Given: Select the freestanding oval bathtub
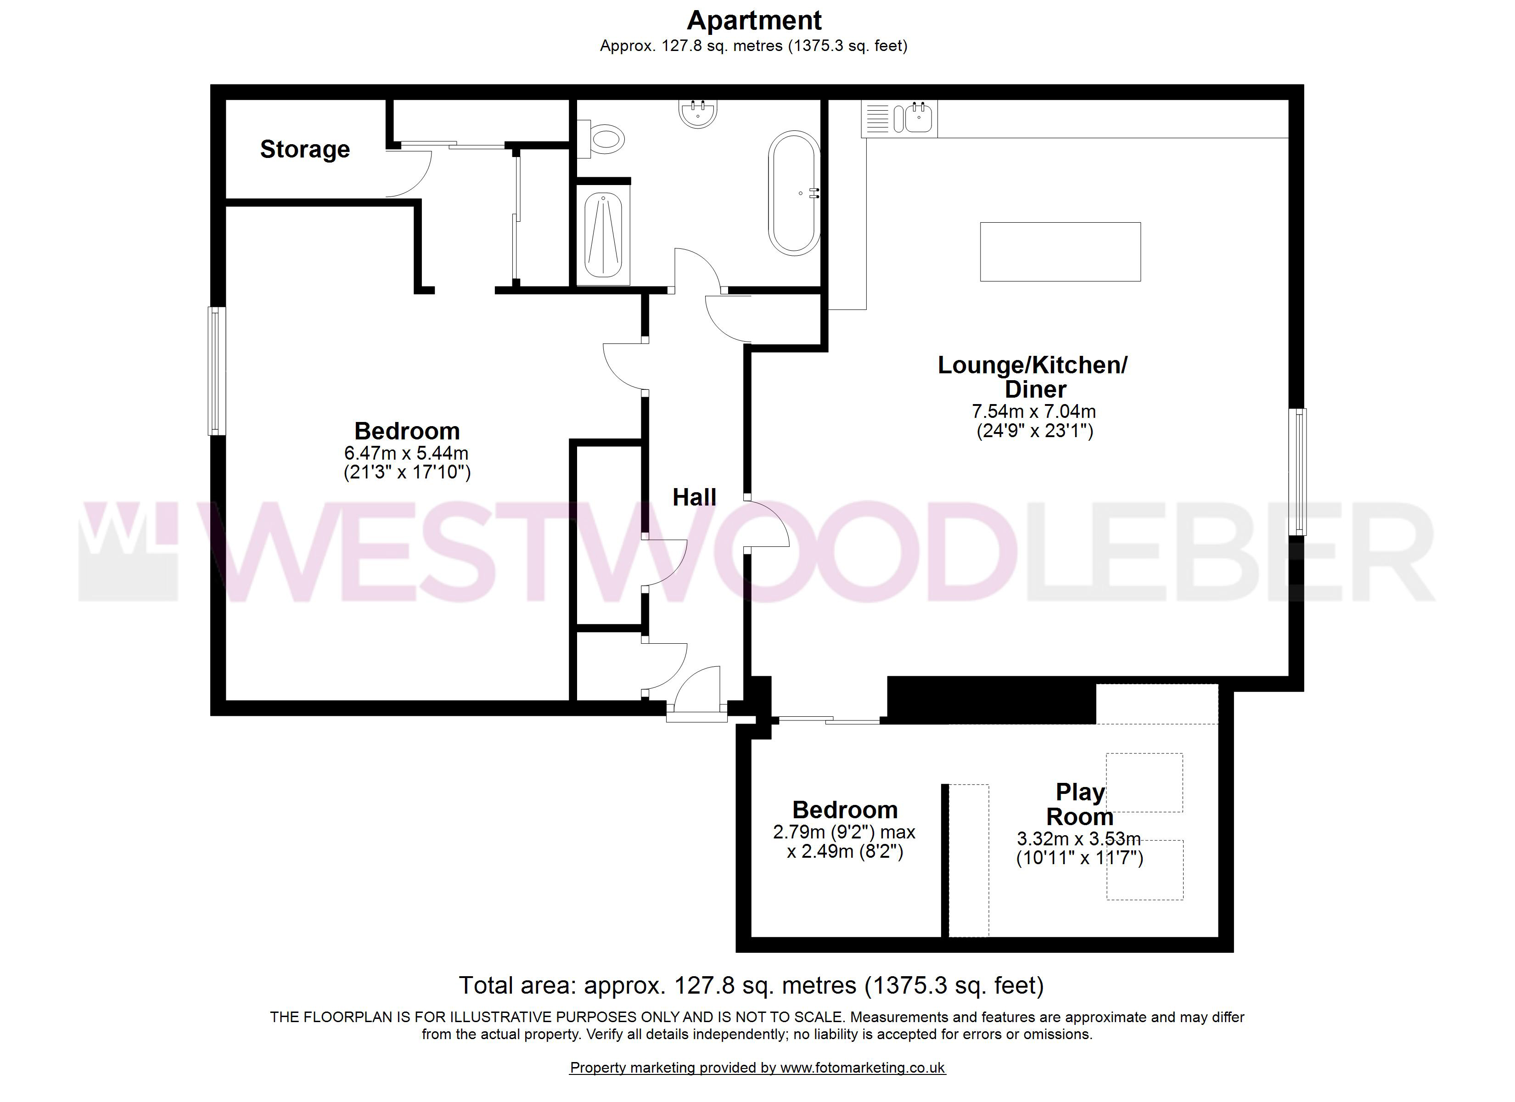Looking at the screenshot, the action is pyautogui.click(x=794, y=192).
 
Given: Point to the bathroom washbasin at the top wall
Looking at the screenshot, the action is pyautogui.click(x=698, y=113).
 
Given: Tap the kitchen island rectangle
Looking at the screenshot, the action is pyautogui.click(x=1060, y=251).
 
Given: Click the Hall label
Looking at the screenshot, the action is pyautogui.click(x=694, y=497).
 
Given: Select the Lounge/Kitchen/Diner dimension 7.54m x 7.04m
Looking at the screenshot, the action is pyautogui.click(x=1033, y=412).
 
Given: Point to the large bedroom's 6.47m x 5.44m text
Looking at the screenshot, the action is pyautogui.click(x=406, y=453).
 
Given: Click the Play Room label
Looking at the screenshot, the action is pyautogui.click(x=1080, y=804).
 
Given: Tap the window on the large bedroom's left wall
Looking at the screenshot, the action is pyautogui.click(x=216, y=371).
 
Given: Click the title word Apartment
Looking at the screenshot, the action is pyautogui.click(x=754, y=21).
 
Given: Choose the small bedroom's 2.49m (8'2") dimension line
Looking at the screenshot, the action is pyautogui.click(x=845, y=852).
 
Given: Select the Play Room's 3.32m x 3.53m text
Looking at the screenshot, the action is pyautogui.click(x=1079, y=838).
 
